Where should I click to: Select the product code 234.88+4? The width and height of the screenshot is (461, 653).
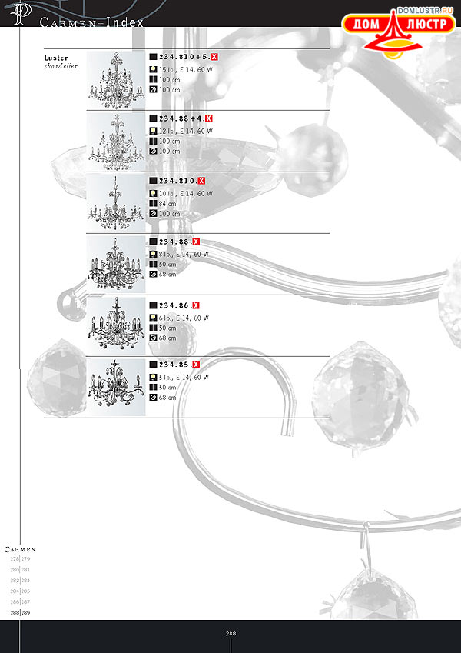tap(181, 119)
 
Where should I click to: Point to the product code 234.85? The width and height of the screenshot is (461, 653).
tap(174, 364)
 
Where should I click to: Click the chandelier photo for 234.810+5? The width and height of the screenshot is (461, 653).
tap(116, 80)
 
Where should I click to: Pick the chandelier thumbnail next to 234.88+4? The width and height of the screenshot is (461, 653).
tap(116, 142)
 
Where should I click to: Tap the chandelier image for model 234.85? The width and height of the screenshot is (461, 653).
tap(116, 387)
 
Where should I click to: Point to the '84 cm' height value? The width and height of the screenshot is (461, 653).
tap(168, 204)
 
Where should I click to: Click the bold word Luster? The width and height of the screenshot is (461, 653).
tap(56, 58)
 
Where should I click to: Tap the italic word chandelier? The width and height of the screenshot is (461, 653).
tap(62, 66)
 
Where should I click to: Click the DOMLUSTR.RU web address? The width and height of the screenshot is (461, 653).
tap(426, 12)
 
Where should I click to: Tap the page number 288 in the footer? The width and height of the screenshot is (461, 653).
tap(230, 634)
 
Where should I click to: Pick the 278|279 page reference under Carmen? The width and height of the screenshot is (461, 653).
tap(20, 559)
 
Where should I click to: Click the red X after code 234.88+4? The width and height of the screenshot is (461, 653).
tap(209, 119)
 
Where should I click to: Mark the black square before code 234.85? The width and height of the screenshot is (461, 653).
tap(153, 364)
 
